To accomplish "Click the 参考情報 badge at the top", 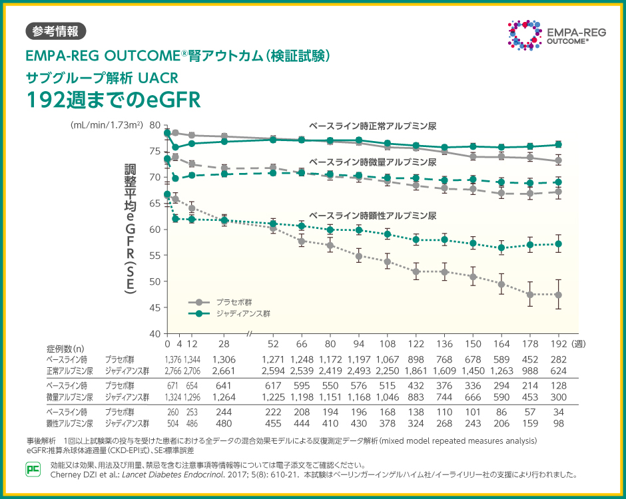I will coord(55,31).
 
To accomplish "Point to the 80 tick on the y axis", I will coord(155,125).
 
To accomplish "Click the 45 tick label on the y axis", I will coord(155,307).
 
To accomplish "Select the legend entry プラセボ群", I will coord(234,301).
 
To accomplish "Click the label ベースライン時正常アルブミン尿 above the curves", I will coord(372,126).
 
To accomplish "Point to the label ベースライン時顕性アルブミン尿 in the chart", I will coord(372,216).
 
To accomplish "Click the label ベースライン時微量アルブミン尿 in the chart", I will coord(372,162).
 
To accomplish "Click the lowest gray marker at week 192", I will coord(558,295).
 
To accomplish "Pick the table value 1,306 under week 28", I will coord(224,360).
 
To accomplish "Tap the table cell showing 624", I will coord(558,371).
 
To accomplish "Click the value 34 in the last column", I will coord(558,412).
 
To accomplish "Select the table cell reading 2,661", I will coord(224,371).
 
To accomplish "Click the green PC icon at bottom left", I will coord(33,468).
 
